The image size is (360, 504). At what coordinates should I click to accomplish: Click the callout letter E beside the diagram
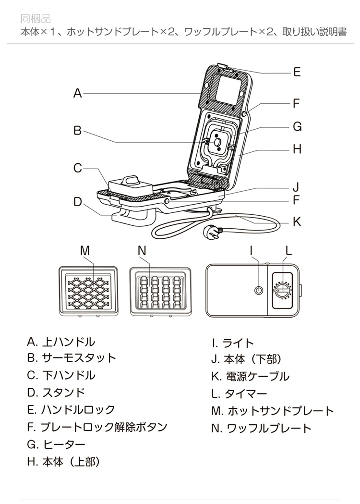coord(297,72)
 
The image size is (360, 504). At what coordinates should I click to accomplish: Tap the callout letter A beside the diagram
coord(78,94)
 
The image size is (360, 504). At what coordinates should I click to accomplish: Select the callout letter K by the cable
coord(297,221)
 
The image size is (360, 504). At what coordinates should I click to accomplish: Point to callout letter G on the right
coord(297,127)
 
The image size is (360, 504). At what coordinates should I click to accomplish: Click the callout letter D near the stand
coord(78,202)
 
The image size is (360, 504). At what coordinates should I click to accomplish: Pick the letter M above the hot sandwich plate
coord(85,250)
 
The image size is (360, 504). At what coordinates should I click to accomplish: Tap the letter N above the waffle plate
coord(142,250)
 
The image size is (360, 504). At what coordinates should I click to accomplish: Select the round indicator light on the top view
coord(258,291)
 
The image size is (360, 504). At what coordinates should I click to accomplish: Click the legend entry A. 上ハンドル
coord(61,342)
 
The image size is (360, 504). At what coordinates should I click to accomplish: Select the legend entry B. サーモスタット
coord(72,358)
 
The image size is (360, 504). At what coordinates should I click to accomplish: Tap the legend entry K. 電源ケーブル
coord(250,376)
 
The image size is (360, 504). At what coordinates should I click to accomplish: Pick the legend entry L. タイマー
coord(239,393)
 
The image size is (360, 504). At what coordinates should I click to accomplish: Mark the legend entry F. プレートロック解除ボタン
coord(97,427)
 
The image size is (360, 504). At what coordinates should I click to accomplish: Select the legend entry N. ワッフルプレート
coord(261,428)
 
